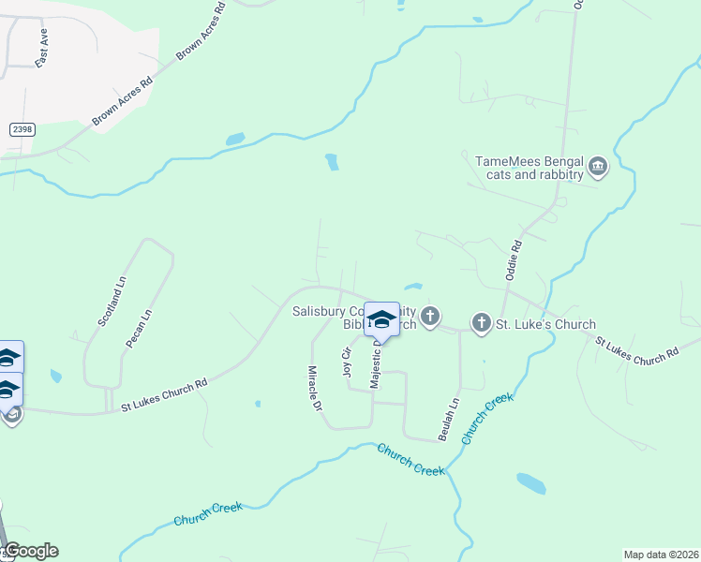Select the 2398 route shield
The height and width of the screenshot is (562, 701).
[22, 129]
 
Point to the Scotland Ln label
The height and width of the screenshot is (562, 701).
[111, 301]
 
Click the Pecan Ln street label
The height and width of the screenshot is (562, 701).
[138, 329]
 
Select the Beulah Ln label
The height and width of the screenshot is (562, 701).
[449, 420]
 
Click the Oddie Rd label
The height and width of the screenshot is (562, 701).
[513, 259]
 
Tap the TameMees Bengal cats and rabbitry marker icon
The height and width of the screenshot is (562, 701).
[598, 169]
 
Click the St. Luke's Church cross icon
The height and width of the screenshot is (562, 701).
[481, 324]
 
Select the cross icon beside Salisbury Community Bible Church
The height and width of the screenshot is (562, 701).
[430, 317]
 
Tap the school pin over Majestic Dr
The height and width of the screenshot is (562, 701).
[381, 318]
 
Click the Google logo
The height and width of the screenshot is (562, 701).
[31, 551]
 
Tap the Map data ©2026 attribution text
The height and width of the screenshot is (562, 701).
[661, 554]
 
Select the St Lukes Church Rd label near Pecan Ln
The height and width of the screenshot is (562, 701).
[164, 395]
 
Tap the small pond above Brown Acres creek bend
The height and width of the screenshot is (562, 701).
[235, 140]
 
